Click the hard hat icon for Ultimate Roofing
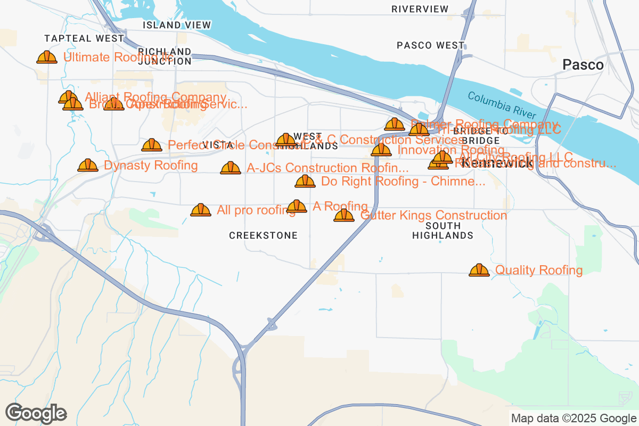(47, 57)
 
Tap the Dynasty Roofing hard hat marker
(88, 165)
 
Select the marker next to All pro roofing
(201, 210)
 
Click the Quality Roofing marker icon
(479, 270)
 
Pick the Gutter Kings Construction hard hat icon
(344, 215)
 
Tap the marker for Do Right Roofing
(305, 181)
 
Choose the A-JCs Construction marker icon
(231, 168)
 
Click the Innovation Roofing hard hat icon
(381, 150)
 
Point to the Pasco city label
(583, 65)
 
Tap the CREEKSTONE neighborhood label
(263, 235)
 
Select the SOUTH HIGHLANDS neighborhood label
(443, 231)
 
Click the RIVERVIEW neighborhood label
(420, 9)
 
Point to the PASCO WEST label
(430, 45)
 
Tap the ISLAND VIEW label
(177, 25)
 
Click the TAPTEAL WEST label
(84, 38)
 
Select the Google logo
(36, 413)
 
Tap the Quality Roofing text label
(539, 270)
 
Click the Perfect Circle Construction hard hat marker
(152, 145)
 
